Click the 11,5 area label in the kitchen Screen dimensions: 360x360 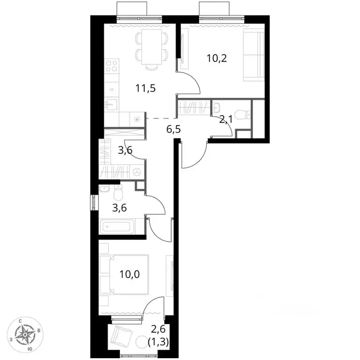(x=146, y=88)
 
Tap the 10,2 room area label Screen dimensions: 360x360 (x=217, y=58)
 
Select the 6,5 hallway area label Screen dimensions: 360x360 (x=173, y=129)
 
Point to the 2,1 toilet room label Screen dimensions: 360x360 (x=226, y=120)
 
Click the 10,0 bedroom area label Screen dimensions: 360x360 (x=130, y=274)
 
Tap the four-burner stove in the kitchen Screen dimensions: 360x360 (x=112, y=66)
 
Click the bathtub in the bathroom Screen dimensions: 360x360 (x=117, y=226)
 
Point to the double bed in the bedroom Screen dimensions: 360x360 (x=124, y=274)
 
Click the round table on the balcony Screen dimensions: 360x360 (x=142, y=342)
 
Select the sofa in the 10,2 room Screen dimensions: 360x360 (x=254, y=55)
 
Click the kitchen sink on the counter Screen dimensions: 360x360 (x=112, y=105)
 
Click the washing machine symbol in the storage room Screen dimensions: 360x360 (x=137, y=172)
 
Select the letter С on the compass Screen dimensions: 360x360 (x=20, y=321)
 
